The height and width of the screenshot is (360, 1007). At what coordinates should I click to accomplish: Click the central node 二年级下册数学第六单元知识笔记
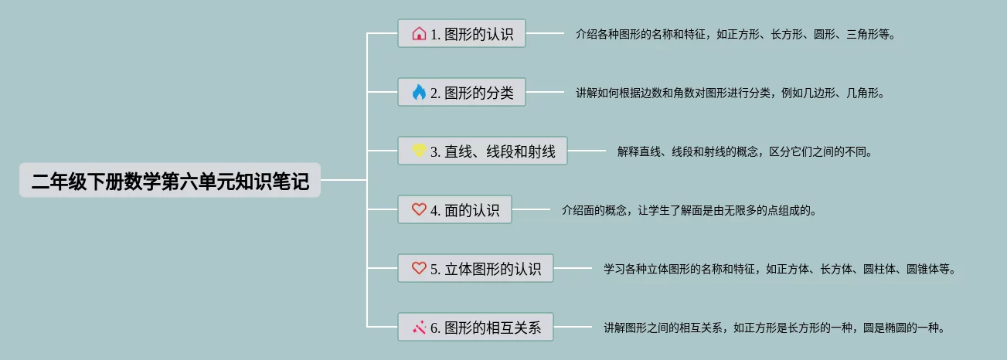(170, 181)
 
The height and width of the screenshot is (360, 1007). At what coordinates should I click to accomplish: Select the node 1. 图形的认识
(461, 34)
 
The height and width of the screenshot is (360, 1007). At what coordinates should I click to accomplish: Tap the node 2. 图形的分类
(461, 93)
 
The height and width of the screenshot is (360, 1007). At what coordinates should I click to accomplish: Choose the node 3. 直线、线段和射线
(482, 151)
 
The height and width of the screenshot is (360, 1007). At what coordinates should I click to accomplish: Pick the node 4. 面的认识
(454, 209)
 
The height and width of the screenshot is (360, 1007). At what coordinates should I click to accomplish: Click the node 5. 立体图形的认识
(475, 269)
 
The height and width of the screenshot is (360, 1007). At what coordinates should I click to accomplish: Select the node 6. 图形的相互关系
(475, 328)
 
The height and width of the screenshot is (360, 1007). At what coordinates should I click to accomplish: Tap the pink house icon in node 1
(419, 34)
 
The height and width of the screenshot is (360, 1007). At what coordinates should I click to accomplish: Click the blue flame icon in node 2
(419, 93)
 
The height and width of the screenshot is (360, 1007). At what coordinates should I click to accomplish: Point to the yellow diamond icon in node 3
(419, 151)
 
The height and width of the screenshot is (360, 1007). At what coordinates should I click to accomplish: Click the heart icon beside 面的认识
(419, 209)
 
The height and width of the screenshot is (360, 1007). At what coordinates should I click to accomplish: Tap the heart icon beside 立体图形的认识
(419, 269)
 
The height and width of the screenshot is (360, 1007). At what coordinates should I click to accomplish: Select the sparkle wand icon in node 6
(419, 328)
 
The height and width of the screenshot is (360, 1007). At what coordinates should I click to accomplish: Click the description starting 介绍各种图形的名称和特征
(735, 34)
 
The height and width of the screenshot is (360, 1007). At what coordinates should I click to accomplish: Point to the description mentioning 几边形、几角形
(730, 93)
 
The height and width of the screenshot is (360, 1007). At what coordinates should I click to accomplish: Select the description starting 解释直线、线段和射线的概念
(744, 151)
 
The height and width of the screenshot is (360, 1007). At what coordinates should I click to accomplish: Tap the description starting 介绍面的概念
(689, 209)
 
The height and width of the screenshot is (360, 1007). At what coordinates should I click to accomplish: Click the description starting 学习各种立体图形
(780, 270)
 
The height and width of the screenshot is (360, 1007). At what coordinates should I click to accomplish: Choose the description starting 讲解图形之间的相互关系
(774, 328)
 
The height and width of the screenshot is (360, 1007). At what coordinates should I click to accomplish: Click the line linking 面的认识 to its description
(530, 209)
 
